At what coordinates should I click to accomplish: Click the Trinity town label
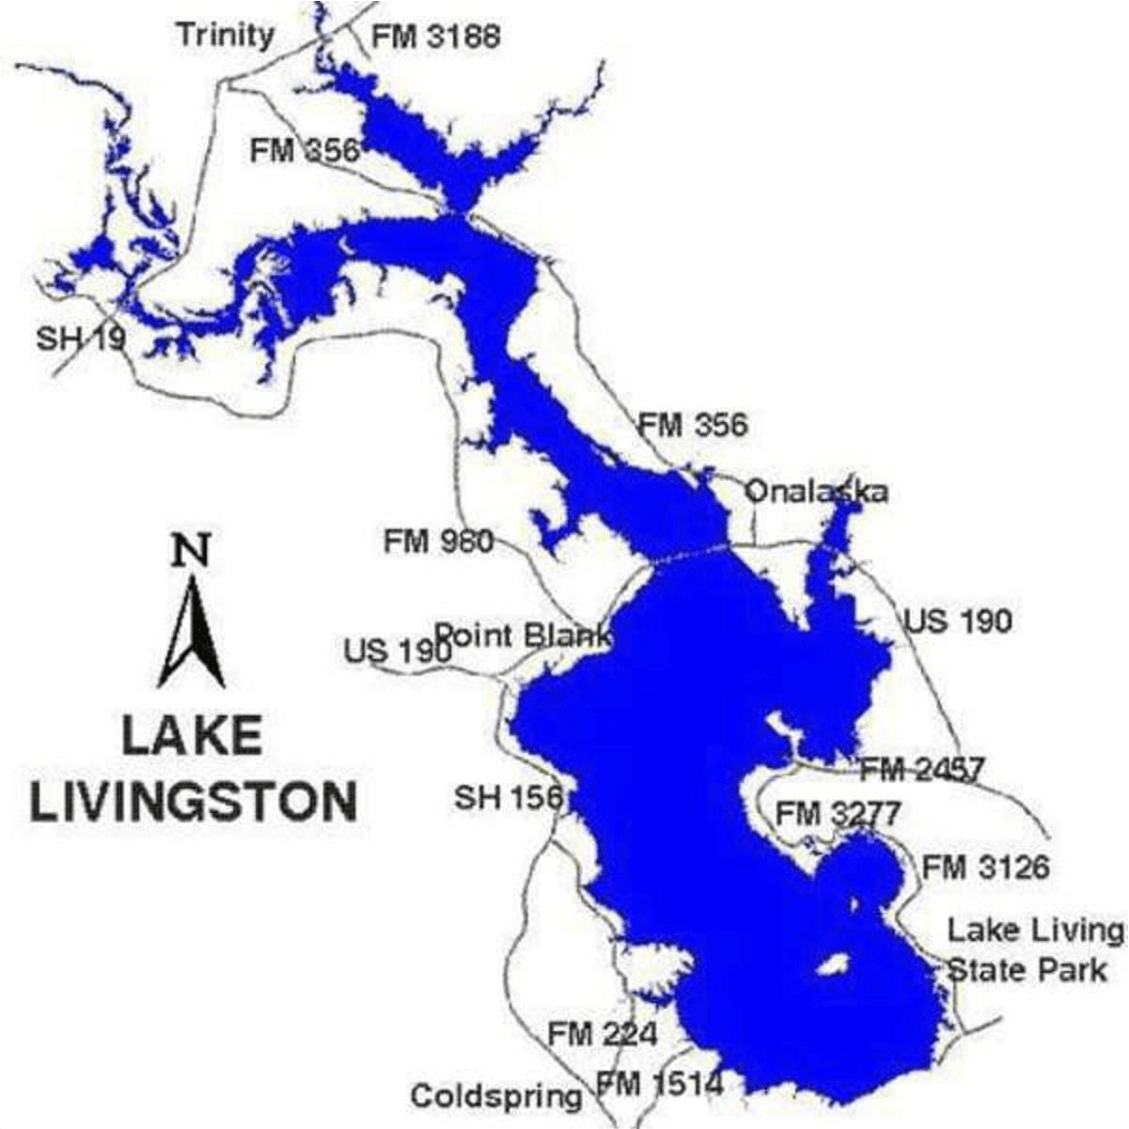tap(225, 35)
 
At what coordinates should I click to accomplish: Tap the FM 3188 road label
tap(435, 37)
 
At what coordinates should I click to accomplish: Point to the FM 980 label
tap(438, 541)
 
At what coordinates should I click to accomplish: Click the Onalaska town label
tap(816, 492)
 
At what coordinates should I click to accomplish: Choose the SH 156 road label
tap(509, 798)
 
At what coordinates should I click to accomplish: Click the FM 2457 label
tap(922, 770)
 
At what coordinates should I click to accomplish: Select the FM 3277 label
tap(838, 813)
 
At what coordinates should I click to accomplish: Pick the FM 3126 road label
tap(985, 866)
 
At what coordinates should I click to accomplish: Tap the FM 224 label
tap(603, 1035)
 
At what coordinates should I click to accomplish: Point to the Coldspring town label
tap(496, 1096)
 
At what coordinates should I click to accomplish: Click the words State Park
tap(1027, 970)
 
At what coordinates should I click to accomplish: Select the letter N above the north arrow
tap(191, 550)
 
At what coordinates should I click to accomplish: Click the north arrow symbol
tap(191, 632)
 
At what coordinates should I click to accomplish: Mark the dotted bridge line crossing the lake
tap(691, 556)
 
